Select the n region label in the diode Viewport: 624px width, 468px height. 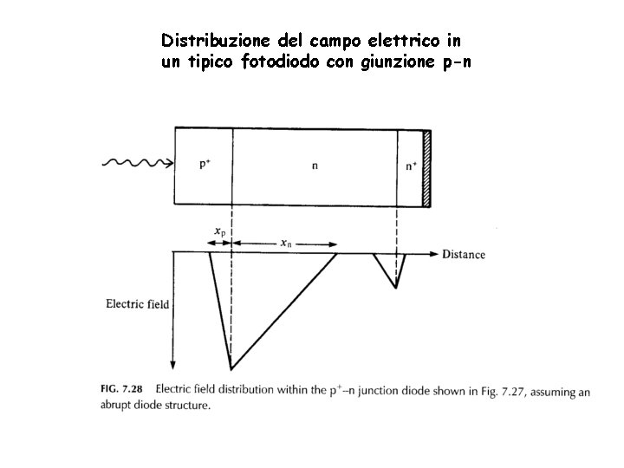[315, 166]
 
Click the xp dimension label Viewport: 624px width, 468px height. [220, 231]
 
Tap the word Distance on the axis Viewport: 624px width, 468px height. [464, 254]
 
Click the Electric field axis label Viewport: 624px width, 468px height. [137, 304]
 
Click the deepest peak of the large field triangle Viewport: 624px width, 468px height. [231, 367]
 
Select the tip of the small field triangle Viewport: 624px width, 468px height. [396, 286]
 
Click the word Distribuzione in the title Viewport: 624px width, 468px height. [211, 41]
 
